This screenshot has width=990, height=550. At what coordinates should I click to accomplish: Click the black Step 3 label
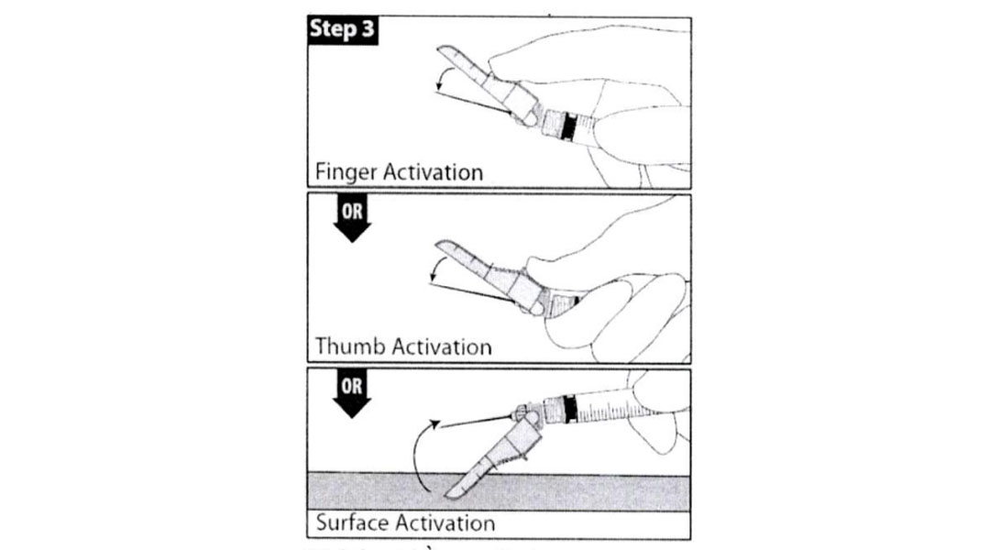pyautogui.click(x=341, y=29)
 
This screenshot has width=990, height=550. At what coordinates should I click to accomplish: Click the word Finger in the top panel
pyautogui.click(x=342, y=171)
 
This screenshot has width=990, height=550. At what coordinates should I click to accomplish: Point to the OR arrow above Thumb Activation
pyautogui.click(x=351, y=221)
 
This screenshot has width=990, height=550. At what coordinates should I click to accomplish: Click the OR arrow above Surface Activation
pyautogui.click(x=351, y=394)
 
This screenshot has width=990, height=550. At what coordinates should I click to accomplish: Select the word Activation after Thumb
pyautogui.click(x=442, y=346)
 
